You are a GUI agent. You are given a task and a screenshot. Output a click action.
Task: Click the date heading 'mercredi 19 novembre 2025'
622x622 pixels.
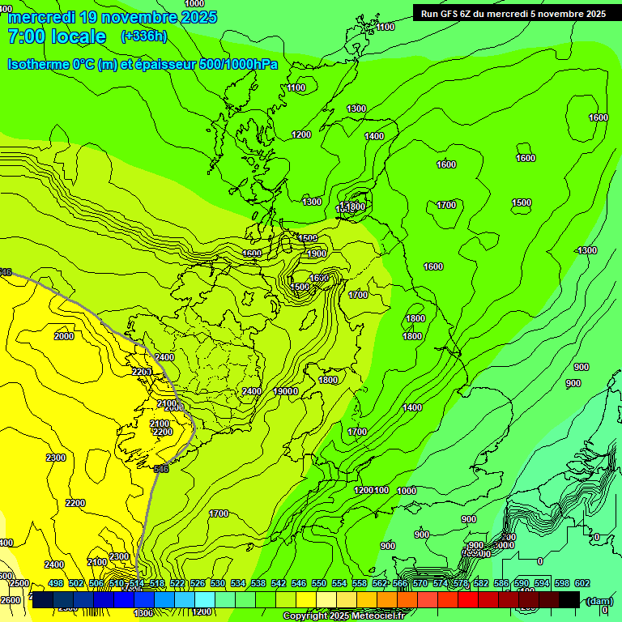(113, 17)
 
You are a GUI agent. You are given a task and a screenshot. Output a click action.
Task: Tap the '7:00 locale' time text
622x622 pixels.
(57, 36)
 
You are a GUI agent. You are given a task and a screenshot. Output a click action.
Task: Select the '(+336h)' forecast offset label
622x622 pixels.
(143, 36)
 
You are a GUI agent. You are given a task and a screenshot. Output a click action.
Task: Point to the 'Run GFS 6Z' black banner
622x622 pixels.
(513, 13)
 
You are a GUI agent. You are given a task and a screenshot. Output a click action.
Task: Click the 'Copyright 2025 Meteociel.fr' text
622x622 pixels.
(343, 616)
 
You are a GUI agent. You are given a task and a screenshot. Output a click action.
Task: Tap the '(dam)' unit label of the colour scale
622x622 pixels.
(599, 600)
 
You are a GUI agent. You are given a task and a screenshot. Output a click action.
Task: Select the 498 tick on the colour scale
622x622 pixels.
(56, 583)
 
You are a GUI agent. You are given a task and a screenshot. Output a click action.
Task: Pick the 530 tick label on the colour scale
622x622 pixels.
(218, 583)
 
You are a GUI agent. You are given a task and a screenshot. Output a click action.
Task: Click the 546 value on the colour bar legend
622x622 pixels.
(299, 583)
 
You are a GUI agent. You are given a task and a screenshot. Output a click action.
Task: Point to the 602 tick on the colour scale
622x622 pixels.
(582, 583)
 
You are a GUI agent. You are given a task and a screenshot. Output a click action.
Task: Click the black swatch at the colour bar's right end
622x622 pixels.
(569, 599)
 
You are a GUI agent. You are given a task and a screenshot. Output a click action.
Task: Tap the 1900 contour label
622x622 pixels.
(317, 253)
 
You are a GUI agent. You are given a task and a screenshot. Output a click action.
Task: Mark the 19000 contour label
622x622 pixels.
(286, 391)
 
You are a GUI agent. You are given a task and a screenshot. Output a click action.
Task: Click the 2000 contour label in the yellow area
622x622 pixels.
(64, 336)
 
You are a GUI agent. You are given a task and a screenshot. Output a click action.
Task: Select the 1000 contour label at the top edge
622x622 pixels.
(194, 4)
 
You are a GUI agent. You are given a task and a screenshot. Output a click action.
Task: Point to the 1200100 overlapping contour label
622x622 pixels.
(372, 490)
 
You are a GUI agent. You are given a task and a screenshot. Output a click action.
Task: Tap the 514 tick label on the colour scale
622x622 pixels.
(137, 583)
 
